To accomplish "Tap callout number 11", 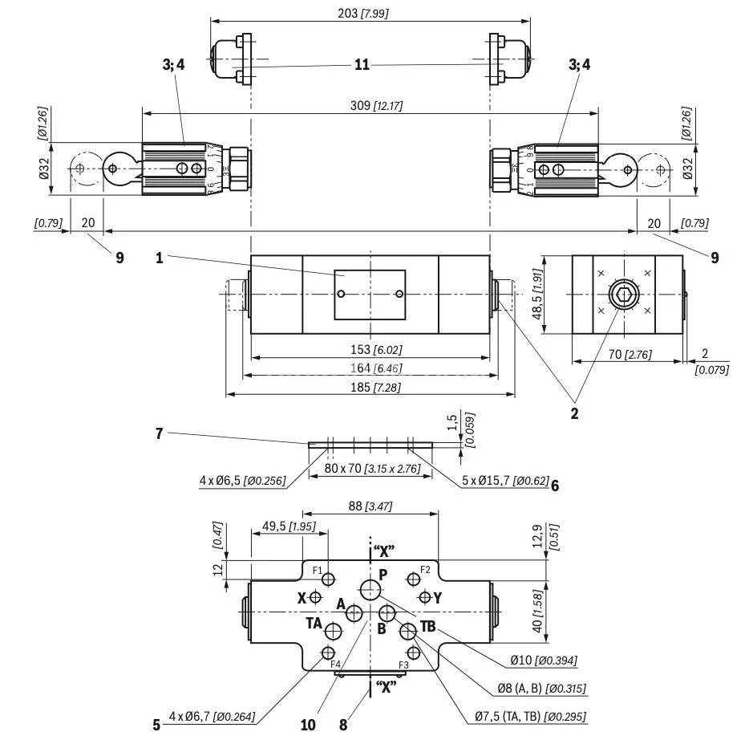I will [362, 64].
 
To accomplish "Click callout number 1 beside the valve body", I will [160, 258].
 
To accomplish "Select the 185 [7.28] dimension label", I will [373, 387].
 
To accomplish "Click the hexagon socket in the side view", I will [624, 295].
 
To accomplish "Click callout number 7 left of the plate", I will [160, 433].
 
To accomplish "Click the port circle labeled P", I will [370, 591].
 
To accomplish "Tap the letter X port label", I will [302, 598].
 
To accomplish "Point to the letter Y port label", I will [438, 598].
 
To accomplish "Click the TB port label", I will [427, 625].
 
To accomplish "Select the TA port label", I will [314, 623].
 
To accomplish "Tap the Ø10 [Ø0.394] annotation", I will [545, 661].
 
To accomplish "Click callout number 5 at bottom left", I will [156, 724].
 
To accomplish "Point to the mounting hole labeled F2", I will [413, 579].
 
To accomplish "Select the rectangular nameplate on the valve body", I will [370, 295].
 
